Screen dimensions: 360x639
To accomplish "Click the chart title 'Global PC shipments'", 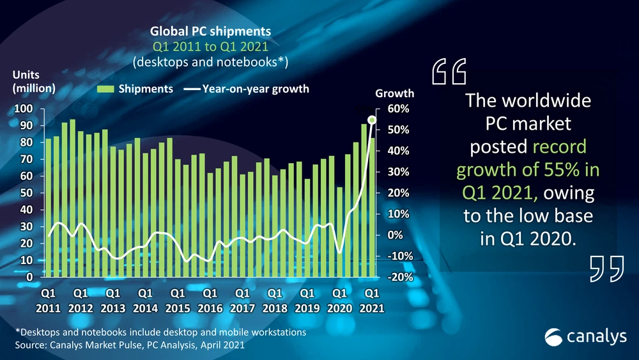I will [210, 31].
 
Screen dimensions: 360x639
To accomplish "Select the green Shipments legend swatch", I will [105, 89].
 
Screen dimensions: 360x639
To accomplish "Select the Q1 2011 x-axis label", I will [48, 300].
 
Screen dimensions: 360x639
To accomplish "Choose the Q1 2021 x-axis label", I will [372, 300].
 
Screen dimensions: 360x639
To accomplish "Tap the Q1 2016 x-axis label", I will [210, 300].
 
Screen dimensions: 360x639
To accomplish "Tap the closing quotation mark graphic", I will [605, 268].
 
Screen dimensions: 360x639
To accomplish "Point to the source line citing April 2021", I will [129, 345].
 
